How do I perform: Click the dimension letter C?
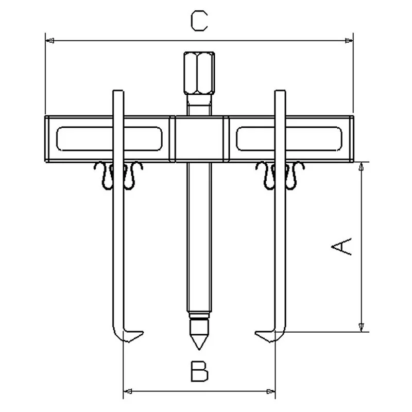(199, 21)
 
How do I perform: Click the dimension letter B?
(199, 371)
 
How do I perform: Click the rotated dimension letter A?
(341, 246)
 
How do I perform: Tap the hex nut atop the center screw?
(199, 73)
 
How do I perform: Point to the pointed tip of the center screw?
(199, 350)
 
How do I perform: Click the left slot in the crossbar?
(109, 139)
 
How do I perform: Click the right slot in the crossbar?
(289, 139)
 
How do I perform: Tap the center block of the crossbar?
(199, 139)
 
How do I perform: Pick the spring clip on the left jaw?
(118, 175)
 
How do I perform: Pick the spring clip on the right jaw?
(280, 175)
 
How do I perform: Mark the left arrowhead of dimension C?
(49, 41)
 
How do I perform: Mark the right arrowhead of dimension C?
(349, 41)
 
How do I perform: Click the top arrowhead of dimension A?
(362, 166)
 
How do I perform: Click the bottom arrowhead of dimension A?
(362, 328)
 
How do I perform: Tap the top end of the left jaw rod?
(118, 91)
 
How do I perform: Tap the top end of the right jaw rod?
(280, 91)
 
